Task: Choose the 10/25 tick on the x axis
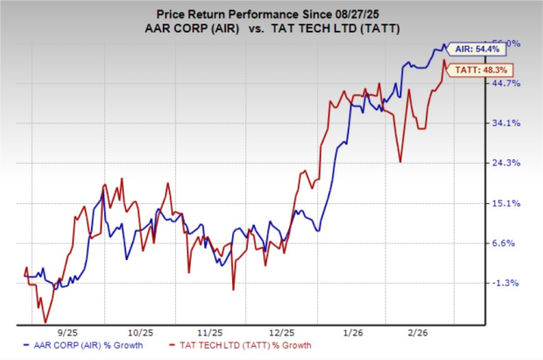pos(140,334)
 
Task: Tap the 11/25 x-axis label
pos(209,334)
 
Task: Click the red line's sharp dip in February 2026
pos(400,161)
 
